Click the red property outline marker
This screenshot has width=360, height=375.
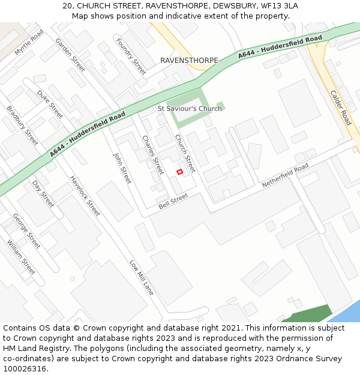179,172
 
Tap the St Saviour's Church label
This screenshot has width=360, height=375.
190,109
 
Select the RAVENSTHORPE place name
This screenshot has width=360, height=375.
189,61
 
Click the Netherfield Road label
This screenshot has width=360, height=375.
285,175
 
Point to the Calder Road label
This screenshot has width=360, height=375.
341,107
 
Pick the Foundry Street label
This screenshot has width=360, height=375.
131,56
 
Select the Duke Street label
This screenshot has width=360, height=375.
50,104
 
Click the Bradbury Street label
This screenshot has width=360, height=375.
22,125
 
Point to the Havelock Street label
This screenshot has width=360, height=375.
85,196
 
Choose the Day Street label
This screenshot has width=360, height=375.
43,194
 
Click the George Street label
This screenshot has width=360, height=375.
26,231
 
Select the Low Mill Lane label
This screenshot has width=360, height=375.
142,277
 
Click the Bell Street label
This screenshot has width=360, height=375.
173,201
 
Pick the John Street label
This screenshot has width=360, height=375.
122,167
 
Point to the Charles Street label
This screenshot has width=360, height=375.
152,154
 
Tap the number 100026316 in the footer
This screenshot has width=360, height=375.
25,368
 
